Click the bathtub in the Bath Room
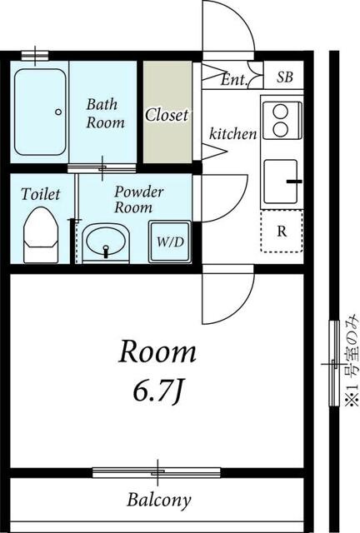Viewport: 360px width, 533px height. (x=40, y=112)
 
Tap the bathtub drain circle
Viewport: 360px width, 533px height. (x=58, y=112)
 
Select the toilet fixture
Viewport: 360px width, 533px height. (x=41, y=235)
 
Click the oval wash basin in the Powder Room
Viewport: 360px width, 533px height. (x=106, y=241)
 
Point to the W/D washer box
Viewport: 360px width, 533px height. (x=170, y=242)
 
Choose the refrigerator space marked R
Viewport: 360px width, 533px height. (x=282, y=232)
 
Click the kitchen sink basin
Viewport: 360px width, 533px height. (x=281, y=181)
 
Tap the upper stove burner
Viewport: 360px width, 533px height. (x=281, y=112)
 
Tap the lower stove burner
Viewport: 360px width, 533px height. (x=281, y=130)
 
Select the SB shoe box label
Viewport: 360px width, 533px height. (x=285, y=77)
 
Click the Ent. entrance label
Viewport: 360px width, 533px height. (x=233, y=80)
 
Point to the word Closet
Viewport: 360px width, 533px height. (x=167, y=115)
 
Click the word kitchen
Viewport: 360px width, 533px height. (x=233, y=133)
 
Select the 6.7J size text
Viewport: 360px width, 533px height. (x=158, y=391)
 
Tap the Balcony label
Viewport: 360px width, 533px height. (x=159, y=500)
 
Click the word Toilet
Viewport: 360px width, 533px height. (x=41, y=194)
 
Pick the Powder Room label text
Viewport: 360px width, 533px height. (x=138, y=200)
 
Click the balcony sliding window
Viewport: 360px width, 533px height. (x=157, y=472)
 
